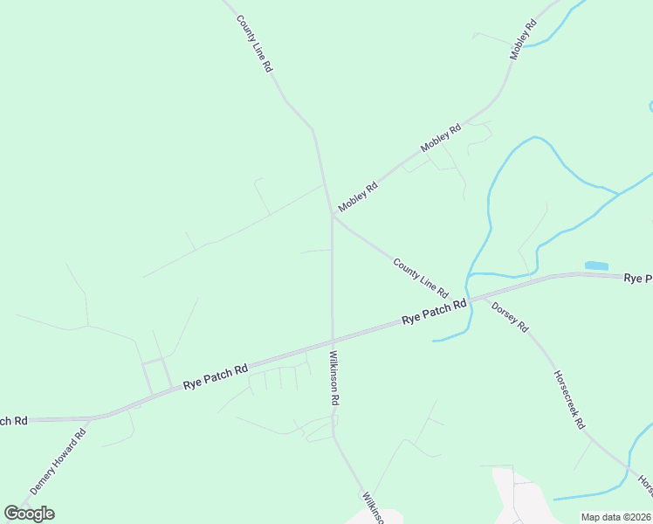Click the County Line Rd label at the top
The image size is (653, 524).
tap(255, 43)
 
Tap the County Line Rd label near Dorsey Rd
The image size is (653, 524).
tap(420, 277)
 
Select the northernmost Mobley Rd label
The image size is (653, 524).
tap(522, 40)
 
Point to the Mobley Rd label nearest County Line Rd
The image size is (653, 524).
tap(358, 196)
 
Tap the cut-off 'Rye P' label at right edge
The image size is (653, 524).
tap(637, 278)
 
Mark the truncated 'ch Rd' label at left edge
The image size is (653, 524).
tap(14, 421)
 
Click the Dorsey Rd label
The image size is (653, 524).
tap(510, 316)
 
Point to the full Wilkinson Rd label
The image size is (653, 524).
tap(333, 377)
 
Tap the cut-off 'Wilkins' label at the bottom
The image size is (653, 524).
tap(373, 507)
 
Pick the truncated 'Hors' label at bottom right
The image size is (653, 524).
tap(644, 483)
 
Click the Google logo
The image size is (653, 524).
tap(29, 513)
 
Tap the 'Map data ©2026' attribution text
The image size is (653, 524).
tap(615, 517)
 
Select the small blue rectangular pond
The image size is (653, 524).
tap(596, 265)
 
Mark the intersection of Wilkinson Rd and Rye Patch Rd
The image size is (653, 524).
tap(333, 341)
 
